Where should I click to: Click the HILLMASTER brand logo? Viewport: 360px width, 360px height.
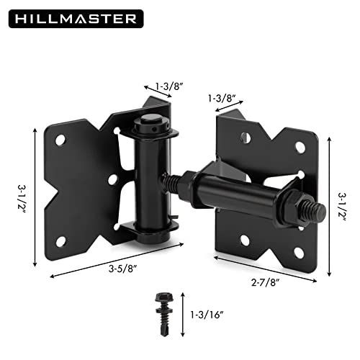(73, 17)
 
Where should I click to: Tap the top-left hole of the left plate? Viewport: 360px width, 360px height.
(60, 140)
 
